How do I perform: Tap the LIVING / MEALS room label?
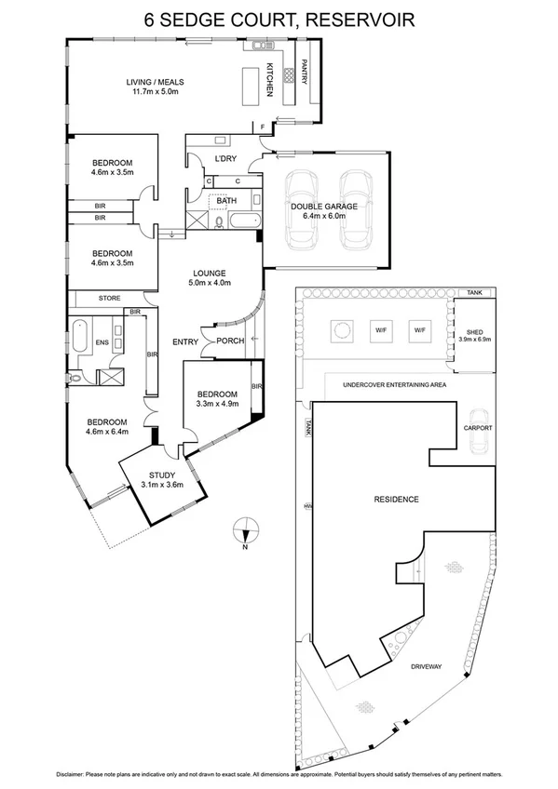(x=159, y=83)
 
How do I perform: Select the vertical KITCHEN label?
(x=269, y=78)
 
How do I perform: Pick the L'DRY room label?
(x=225, y=158)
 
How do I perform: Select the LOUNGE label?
(x=209, y=273)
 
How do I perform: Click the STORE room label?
(x=111, y=298)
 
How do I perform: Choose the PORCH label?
(x=230, y=341)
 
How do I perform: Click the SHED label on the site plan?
(x=470, y=330)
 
